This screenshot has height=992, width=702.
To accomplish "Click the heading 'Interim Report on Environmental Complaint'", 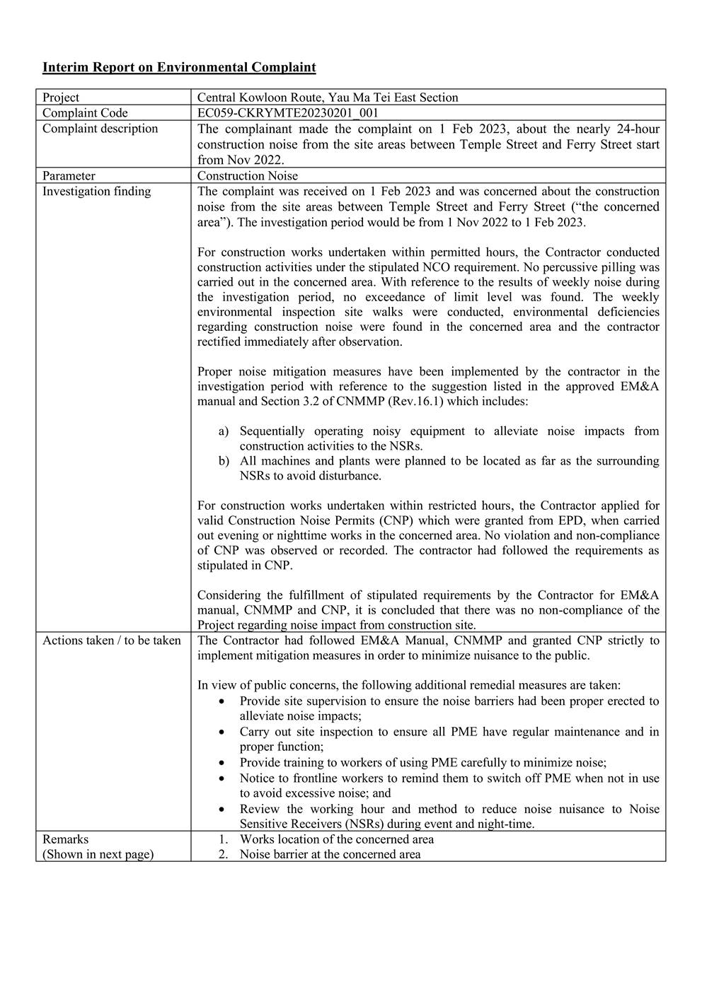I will click(x=179, y=67).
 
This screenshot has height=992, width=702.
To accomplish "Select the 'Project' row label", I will click(x=61, y=98).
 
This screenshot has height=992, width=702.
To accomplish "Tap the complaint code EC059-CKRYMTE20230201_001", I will click(x=289, y=113).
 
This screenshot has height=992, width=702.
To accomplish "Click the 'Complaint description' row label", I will click(x=100, y=129).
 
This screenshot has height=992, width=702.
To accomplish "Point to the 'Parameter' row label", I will click(x=69, y=176).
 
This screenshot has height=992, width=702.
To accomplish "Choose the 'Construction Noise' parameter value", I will click(x=248, y=176).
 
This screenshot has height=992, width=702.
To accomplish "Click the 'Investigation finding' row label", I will click(x=96, y=192).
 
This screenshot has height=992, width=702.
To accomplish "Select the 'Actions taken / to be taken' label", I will click(x=112, y=641).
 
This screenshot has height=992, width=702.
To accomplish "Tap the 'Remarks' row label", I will click(x=66, y=839).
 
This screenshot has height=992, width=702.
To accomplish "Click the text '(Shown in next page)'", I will click(x=98, y=854).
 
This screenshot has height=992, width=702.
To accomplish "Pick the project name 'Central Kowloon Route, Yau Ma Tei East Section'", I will click(x=328, y=98).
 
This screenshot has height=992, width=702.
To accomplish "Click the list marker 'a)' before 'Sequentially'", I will click(x=224, y=431).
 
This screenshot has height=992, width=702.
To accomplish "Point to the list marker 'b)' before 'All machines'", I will click(x=224, y=461).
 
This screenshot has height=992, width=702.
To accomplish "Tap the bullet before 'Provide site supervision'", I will click(x=224, y=701).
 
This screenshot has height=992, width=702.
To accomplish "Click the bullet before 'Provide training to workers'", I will click(x=224, y=763).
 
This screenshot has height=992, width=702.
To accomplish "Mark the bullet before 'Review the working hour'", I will click(x=224, y=810).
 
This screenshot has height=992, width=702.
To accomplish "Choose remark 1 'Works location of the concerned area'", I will click(x=336, y=839).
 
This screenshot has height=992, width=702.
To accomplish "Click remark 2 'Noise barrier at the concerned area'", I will click(x=330, y=854).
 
